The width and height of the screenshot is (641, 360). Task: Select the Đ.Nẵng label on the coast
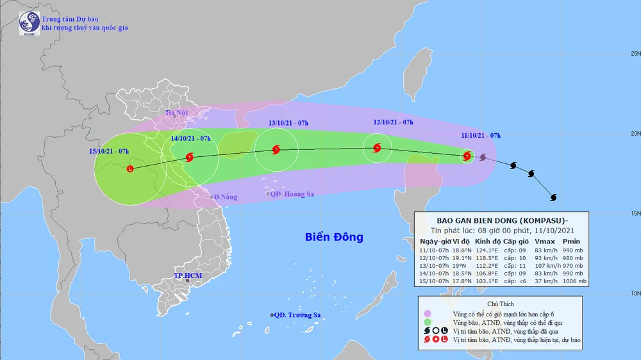coord(225,197)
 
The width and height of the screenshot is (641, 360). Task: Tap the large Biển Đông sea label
coord(333,238)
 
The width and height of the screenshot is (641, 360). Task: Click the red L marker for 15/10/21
coord(131,169)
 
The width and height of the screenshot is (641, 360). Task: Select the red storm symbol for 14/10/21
coord(189,157)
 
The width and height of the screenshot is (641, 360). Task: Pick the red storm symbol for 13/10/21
coord(276,151)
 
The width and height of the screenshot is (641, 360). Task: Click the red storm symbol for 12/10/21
coord(377,148)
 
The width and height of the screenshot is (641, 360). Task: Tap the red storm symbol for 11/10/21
coord(467,156)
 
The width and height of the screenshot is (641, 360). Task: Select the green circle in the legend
coord(428,322)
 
